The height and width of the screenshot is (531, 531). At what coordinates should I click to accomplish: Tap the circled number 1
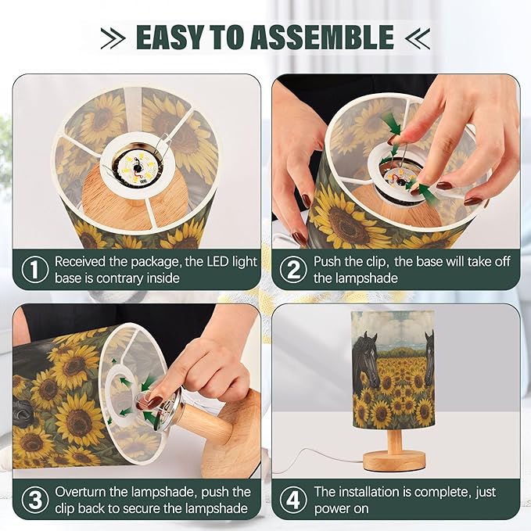click(35, 269)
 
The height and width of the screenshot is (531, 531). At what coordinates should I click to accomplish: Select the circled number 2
click(293, 269)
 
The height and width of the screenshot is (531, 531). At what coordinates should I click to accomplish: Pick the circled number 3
click(35, 500)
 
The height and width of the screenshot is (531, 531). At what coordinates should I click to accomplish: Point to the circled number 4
click(293, 500)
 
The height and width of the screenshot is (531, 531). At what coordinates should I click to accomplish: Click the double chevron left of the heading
click(113, 38)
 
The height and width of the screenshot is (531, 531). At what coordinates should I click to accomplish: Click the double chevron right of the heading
click(418, 38)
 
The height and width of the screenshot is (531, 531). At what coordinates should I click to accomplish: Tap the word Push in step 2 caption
click(328, 262)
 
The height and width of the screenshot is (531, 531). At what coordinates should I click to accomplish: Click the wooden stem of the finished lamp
click(394, 440)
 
